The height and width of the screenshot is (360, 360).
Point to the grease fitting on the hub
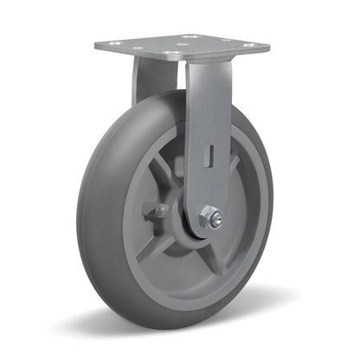(x=159, y=211)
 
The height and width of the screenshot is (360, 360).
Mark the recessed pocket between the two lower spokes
(x=195, y=268)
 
